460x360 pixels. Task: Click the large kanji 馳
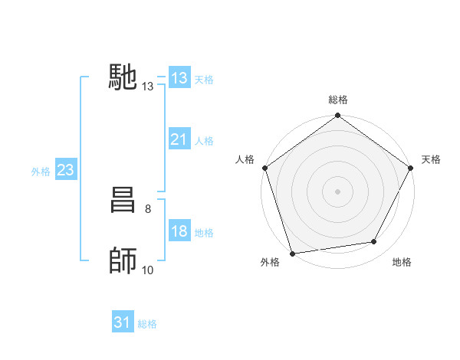pos(123,77)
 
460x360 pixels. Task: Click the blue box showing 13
pos(179,78)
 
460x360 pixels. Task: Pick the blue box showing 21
pos(179,139)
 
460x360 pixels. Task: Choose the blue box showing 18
pos(179,232)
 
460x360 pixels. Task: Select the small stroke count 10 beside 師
pos(147,270)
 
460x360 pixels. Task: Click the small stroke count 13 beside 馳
pos(147,87)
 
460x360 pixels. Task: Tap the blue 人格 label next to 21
pos(204,141)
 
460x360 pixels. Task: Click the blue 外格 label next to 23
pos(41,172)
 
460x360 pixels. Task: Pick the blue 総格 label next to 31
pos(147,325)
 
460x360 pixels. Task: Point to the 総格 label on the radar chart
pos(338,100)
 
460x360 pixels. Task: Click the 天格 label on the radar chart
pos(432,159)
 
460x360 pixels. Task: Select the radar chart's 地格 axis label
pos(402,263)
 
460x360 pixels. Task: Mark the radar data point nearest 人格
pos(265,168)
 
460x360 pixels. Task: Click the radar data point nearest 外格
pos(293,254)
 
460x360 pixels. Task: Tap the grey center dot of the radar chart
pos(338,191)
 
